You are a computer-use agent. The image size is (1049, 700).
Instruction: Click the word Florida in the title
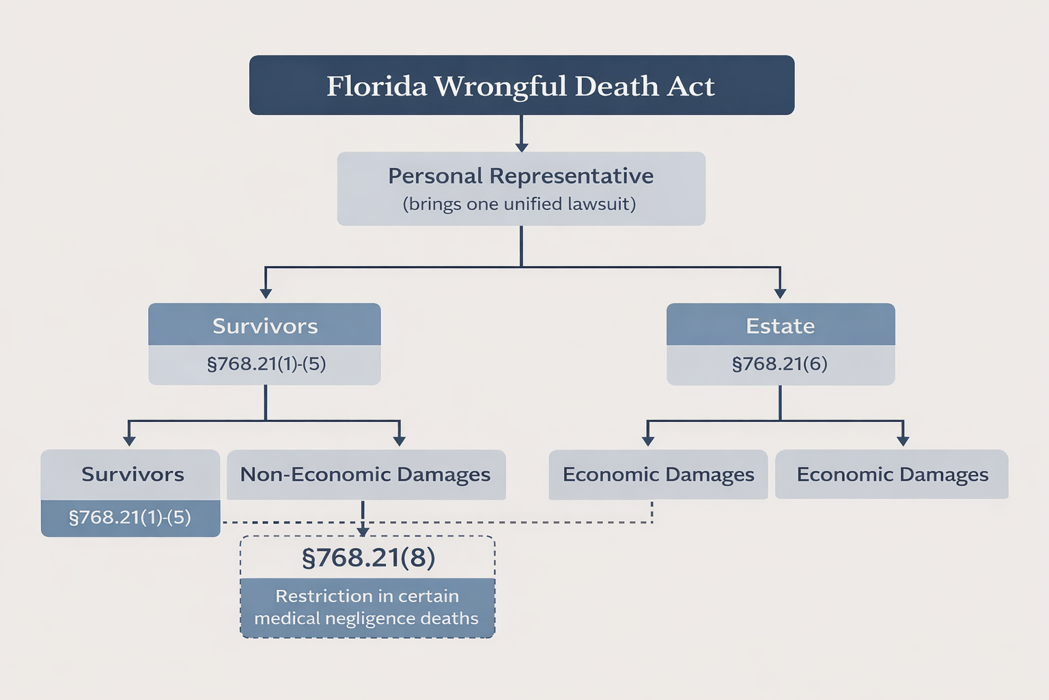pyautogui.click(x=376, y=86)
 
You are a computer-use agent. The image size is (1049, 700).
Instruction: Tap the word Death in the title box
pyautogui.click(x=617, y=86)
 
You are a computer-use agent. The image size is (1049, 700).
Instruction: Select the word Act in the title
pyautogui.click(x=690, y=86)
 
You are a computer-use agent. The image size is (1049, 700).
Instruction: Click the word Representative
pyautogui.click(x=571, y=176)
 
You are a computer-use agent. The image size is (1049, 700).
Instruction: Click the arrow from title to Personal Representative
pyautogui.click(x=522, y=146)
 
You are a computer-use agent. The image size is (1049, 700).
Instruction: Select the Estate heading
pyautogui.click(x=780, y=326)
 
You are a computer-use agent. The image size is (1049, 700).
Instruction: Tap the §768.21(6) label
pyautogui.click(x=780, y=364)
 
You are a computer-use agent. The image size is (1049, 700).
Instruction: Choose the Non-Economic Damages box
pyautogui.click(x=365, y=474)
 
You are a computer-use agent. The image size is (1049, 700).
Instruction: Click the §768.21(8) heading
pyautogui.click(x=368, y=558)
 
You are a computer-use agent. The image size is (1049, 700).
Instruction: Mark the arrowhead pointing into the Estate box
pyautogui.click(x=780, y=294)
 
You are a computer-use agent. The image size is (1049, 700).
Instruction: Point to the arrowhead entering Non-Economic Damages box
pyautogui.click(x=400, y=442)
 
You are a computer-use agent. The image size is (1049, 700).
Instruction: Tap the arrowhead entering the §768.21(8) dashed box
pyautogui.click(x=363, y=532)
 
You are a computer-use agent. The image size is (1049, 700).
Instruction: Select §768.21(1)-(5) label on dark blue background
pyautogui.click(x=130, y=517)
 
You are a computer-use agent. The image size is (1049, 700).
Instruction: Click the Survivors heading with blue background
pyautogui.click(x=265, y=326)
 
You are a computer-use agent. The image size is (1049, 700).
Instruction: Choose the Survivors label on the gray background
pyautogui.click(x=132, y=474)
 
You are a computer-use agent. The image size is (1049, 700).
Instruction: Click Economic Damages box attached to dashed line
pyautogui.click(x=658, y=474)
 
